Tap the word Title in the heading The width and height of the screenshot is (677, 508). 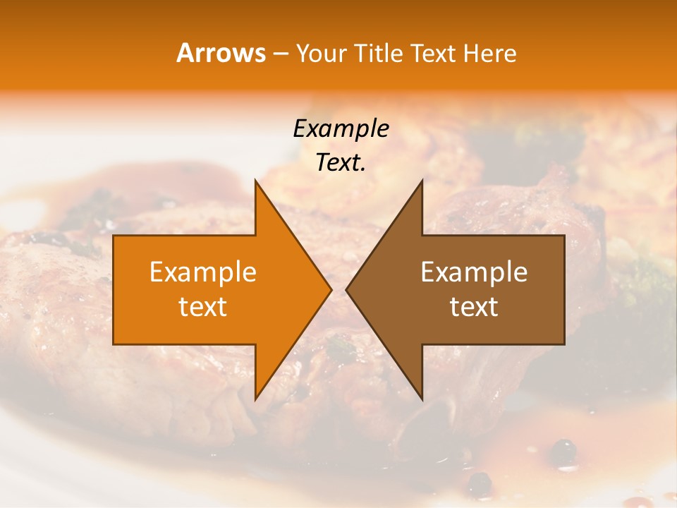(x=379, y=54)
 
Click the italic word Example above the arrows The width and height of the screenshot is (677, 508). (x=341, y=128)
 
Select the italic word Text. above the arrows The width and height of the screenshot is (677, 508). (x=341, y=163)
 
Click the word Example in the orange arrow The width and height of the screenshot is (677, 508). (x=202, y=272)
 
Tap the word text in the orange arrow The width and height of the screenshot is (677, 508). (x=202, y=307)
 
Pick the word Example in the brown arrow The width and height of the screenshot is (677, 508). (x=474, y=272)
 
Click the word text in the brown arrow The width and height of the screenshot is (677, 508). (x=474, y=307)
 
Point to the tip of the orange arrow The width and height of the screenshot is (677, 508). (x=331, y=289)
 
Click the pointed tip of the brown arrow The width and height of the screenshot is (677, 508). (x=346, y=289)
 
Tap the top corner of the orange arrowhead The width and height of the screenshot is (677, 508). (x=255, y=180)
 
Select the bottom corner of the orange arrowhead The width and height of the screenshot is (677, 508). (x=255, y=399)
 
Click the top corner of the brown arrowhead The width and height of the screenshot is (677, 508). (x=422, y=180)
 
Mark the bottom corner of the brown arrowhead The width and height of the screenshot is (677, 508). (x=422, y=399)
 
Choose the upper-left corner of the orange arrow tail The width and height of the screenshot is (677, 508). (x=114, y=235)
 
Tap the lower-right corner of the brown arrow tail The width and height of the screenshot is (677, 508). (x=564, y=344)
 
